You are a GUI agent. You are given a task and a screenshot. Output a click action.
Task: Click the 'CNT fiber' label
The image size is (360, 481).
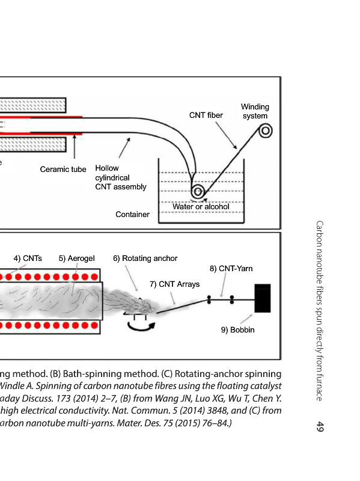[206, 115]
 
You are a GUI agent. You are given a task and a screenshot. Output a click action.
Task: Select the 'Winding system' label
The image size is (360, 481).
[255, 111]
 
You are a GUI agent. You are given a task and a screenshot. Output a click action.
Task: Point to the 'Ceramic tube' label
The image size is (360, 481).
[63, 170]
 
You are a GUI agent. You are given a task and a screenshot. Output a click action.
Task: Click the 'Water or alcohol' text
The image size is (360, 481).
[201, 207]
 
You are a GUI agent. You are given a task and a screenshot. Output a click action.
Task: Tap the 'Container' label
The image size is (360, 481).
[132, 215]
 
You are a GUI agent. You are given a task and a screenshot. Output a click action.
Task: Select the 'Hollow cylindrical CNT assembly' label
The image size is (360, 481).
[121, 177]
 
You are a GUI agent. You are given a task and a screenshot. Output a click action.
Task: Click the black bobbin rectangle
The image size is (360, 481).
[263, 298]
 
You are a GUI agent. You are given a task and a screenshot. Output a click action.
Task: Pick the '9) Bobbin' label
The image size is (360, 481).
[237, 330]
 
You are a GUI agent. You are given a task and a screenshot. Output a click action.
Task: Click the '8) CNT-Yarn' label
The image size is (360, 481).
[231, 269]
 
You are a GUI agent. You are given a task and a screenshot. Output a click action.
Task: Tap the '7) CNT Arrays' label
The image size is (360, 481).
[174, 284]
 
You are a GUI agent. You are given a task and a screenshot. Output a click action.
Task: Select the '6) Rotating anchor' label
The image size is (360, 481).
[145, 259]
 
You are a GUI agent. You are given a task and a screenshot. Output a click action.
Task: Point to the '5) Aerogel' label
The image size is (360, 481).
[77, 259]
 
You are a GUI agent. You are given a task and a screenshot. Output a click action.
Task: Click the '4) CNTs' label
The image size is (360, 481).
[28, 259]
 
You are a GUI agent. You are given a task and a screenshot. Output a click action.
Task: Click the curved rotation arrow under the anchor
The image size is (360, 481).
[141, 328]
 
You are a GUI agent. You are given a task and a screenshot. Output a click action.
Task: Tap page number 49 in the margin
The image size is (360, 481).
[320, 426]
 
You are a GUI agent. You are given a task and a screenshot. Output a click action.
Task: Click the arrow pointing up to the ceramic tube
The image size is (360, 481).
[74, 147]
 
